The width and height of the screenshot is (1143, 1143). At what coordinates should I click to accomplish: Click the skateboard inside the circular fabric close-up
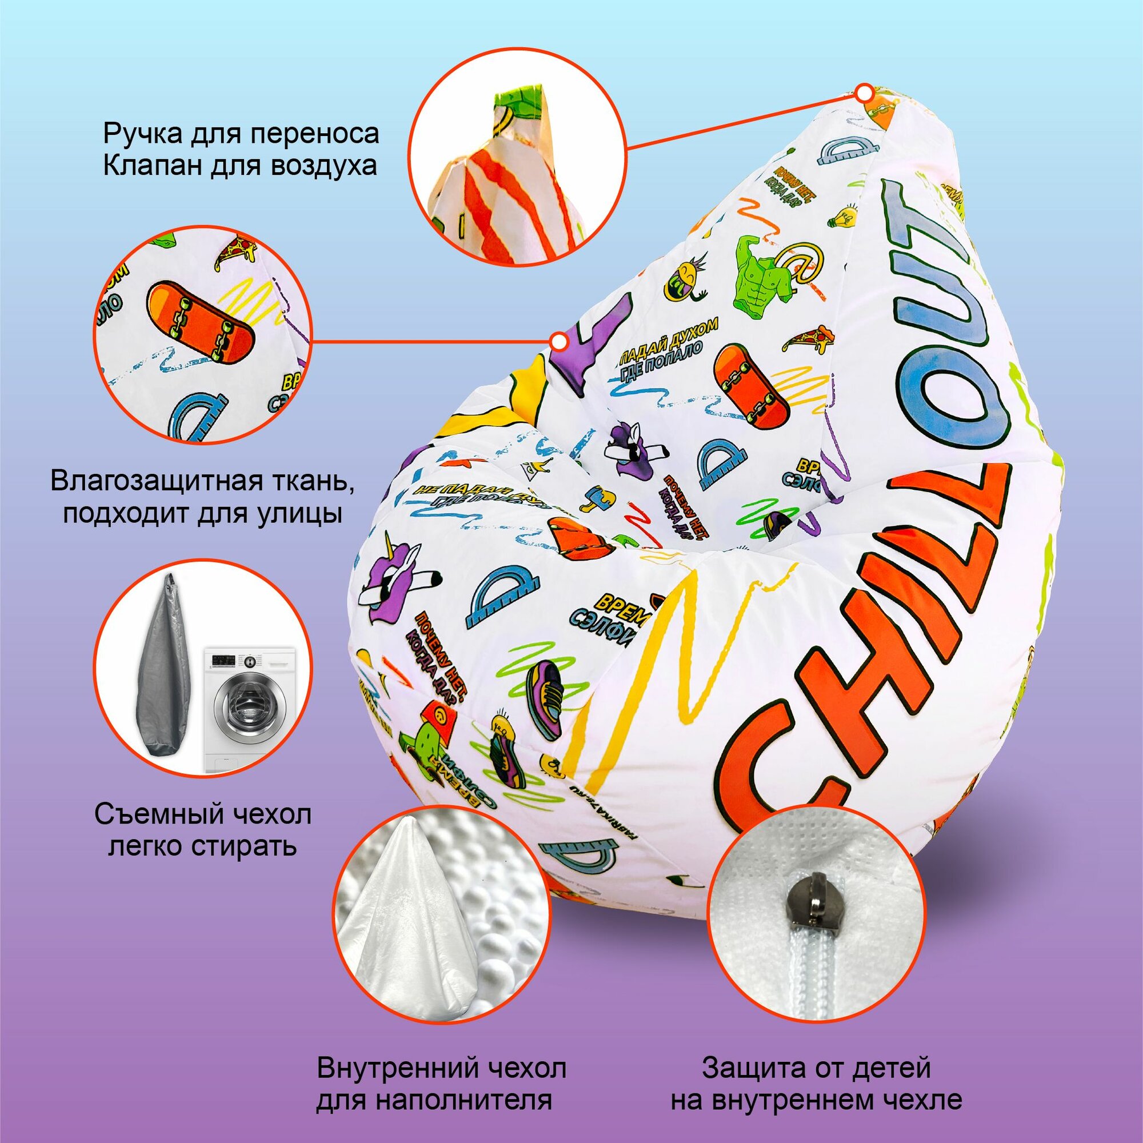click(x=202, y=323)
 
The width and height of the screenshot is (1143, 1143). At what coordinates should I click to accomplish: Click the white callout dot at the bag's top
click(x=865, y=93)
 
